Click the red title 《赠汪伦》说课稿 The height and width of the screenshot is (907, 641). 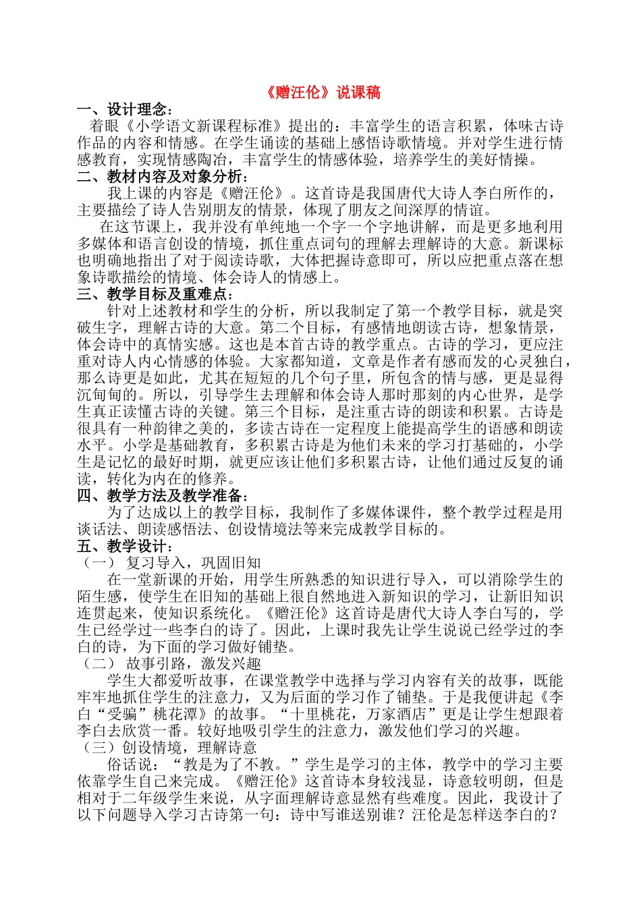click(x=320, y=93)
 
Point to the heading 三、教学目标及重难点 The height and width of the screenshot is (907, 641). click(x=155, y=294)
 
